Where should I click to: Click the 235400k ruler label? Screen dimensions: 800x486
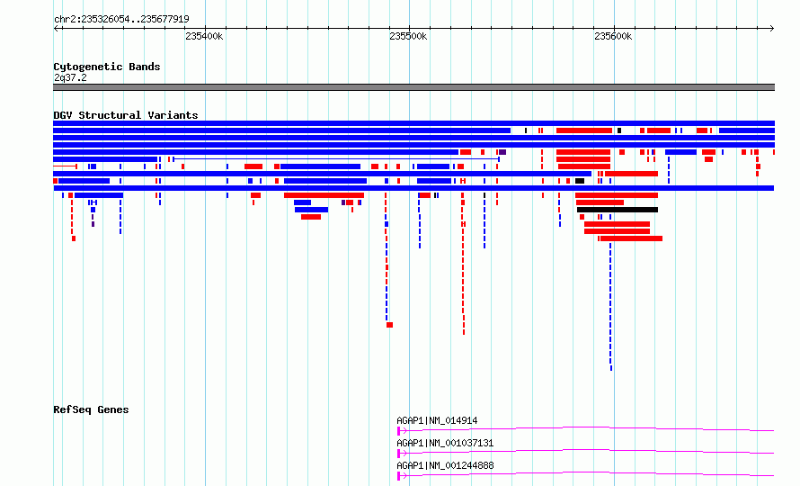(x=204, y=36)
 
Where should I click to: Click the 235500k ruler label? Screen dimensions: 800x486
(x=408, y=36)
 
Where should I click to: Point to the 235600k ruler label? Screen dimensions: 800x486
(x=613, y=36)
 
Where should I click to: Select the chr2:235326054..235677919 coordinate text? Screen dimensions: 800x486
(x=121, y=19)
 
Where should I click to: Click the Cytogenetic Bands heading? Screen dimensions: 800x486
(x=107, y=67)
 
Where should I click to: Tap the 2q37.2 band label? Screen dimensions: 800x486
(x=70, y=77)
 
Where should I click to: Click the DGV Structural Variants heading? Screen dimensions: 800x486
(x=126, y=115)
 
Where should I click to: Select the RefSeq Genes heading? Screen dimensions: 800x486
(x=91, y=409)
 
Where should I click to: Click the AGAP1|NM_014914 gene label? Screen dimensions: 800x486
(x=437, y=420)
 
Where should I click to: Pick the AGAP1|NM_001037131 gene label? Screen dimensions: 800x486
(x=446, y=443)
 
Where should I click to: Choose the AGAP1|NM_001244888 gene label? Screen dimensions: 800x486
(x=446, y=465)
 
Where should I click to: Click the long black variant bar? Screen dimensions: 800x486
(x=618, y=210)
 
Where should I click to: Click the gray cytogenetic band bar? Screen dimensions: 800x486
(x=413, y=87)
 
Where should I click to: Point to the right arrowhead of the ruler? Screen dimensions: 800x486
(x=772, y=28)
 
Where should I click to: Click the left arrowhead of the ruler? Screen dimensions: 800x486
(x=56, y=28)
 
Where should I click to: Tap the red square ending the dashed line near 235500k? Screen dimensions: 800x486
(x=390, y=325)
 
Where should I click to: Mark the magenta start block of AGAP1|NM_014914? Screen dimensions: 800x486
(x=398, y=431)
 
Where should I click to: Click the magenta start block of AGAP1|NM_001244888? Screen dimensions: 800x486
(x=398, y=476)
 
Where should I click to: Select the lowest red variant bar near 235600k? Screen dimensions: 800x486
(x=632, y=238)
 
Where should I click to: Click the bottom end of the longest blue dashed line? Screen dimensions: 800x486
(x=610, y=370)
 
